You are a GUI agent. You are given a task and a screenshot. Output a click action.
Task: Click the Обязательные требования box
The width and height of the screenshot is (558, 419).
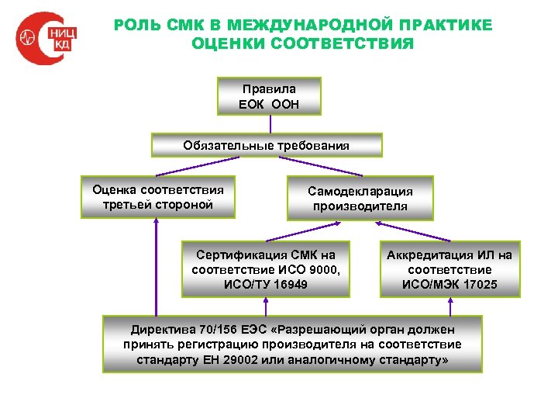pos(266,145)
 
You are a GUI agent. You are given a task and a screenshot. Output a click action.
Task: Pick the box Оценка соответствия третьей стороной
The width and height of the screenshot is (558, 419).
pos(157,197)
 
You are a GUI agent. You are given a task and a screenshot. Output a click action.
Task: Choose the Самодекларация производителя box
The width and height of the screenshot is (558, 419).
pos(360,199)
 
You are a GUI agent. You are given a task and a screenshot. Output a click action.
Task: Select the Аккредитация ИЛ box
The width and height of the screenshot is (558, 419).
pos(449,269)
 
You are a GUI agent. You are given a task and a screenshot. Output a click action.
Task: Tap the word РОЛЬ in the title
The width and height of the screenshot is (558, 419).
pos(137,26)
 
